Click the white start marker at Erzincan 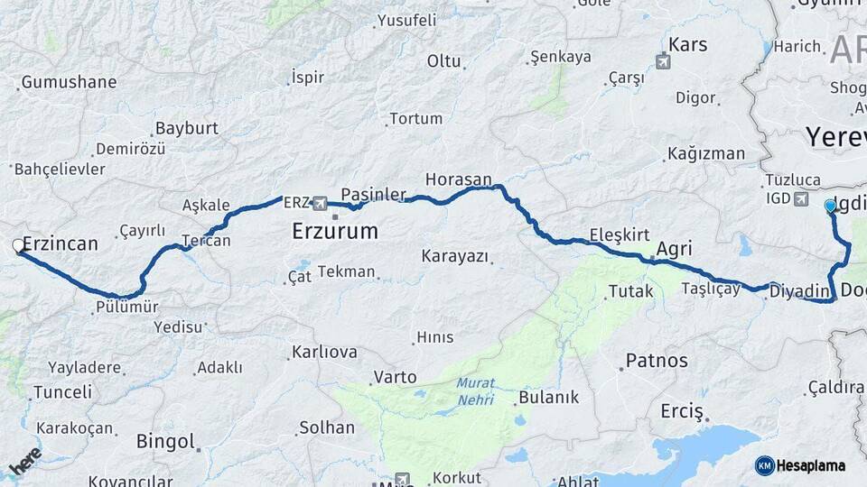pyautogui.click(x=18, y=245)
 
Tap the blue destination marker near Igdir pyautogui.click(x=830, y=206)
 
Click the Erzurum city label pyautogui.click(x=334, y=232)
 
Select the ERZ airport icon pyautogui.click(x=319, y=202)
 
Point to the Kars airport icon pyautogui.click(x=664, y=62)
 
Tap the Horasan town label pyautogui.click(x=459, y=179)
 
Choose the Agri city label pyautogui.click(x=674, y=249)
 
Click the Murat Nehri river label pyautogui.click(x=475, y=390)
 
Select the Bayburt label pyautogui.click(x=187, y=128)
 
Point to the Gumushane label pyautogui.click(x=69, y=82)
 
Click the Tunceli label pyautogui.click(x=61, y=392)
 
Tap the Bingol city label pyautogui.click(x=165, y=442)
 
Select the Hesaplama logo pyautogui.click(x=800, y=465)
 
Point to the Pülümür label pyautogui.click(x=126, y=307)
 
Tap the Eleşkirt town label pyautogui.click(x=620, y=235)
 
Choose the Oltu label pyautogui.click(x=443, y=61)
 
